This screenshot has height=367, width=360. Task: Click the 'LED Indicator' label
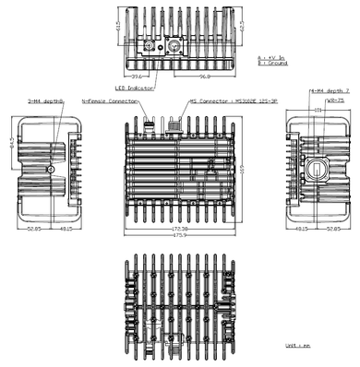(133, 89)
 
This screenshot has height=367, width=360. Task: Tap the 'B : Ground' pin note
(270, 64)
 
